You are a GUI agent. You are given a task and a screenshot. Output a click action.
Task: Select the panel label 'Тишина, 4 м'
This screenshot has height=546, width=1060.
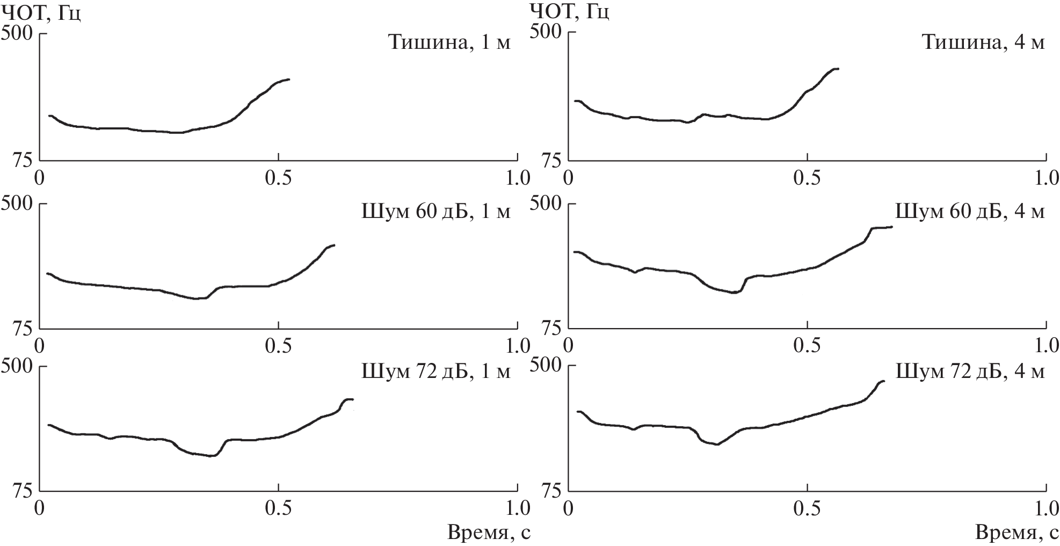pos(983,42)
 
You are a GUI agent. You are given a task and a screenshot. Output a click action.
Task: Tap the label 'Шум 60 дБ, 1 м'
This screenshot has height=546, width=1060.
pos(435,212)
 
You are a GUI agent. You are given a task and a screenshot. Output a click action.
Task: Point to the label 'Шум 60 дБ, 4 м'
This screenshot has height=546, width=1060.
pos(970,212)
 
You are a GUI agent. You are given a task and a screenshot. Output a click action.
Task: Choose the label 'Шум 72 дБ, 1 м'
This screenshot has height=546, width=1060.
pos(435,371)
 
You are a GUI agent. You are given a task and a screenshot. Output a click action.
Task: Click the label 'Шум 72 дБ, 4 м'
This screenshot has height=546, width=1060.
pos(970,371)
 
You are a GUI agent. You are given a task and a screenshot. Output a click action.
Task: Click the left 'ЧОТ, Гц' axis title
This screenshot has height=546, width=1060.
pos(41,11)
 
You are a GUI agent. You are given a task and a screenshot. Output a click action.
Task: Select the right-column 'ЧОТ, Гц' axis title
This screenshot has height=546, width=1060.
pos(569,11)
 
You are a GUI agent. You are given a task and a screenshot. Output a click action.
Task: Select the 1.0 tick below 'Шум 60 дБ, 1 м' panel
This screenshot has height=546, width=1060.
pos(517,346)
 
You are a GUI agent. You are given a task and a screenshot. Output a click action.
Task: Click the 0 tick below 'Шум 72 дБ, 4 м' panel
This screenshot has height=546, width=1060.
pos(569,508)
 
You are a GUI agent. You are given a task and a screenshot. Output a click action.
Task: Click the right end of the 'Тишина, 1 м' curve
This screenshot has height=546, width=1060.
pos(289,79)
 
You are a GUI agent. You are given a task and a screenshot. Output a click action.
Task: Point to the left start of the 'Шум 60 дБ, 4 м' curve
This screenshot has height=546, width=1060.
pos(575,252)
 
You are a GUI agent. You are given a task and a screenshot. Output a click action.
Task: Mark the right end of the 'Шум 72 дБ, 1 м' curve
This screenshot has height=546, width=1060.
pos(353,399)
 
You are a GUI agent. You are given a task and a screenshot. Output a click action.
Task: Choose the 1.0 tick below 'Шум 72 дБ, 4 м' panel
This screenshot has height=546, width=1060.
pos(1046,508)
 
